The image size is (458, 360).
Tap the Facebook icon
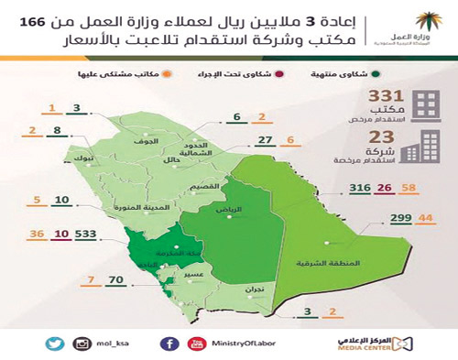coord(169,343)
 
